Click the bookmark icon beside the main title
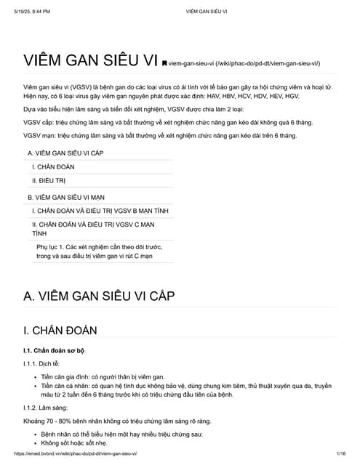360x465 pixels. click(164, 64)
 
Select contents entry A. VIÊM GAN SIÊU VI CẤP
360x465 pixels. click(65, 153)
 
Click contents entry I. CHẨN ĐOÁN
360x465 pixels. click(53, 167)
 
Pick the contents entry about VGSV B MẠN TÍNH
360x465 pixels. click(100, 211)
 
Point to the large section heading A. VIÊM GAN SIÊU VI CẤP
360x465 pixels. click(99, 296)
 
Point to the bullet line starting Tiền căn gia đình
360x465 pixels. click(103, 377)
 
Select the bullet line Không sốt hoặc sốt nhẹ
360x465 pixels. click(74, 442)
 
